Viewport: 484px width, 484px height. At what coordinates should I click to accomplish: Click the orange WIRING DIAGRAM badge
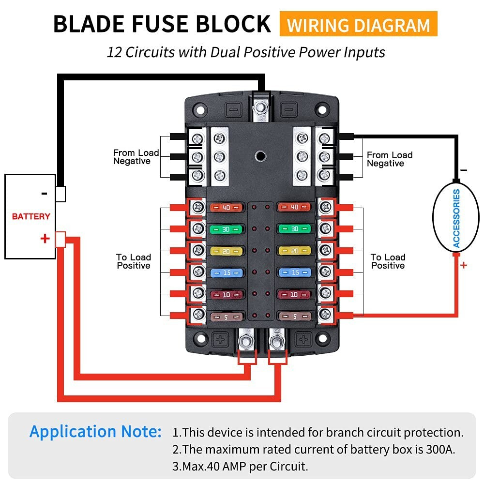tap(358, 24)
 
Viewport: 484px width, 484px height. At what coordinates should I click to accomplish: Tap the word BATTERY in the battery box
tap(31, 216)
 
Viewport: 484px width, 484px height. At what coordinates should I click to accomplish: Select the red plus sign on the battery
tap(45, 238)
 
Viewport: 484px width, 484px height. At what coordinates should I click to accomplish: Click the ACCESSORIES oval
tap(456, 218)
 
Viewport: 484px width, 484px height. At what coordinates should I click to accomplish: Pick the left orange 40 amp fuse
tap(226, 208)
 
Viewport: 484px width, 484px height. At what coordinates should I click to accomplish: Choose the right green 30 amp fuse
tap(294, 228)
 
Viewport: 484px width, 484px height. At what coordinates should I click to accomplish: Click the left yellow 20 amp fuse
tap(226, 250)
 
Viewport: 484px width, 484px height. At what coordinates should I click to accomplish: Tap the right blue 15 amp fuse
tap(294, 272)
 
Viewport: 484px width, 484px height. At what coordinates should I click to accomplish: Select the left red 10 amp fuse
tap(226, 294)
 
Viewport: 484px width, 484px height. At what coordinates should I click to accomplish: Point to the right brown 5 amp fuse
tap(294, 317)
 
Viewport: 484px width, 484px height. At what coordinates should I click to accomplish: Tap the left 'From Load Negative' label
tap(136, 157)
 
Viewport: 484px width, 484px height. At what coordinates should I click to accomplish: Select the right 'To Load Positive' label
tap(388, 261)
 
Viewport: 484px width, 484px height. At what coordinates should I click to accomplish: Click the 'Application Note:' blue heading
tap(96, 431)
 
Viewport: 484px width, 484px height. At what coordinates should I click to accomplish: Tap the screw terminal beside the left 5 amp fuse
tap(197, 315)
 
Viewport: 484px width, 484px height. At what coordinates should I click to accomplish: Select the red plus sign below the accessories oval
tap(464, 265)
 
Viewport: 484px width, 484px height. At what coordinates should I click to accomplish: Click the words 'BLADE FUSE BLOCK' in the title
tap(162, 24)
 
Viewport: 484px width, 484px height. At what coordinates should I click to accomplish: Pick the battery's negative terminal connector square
tap(60, 194)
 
